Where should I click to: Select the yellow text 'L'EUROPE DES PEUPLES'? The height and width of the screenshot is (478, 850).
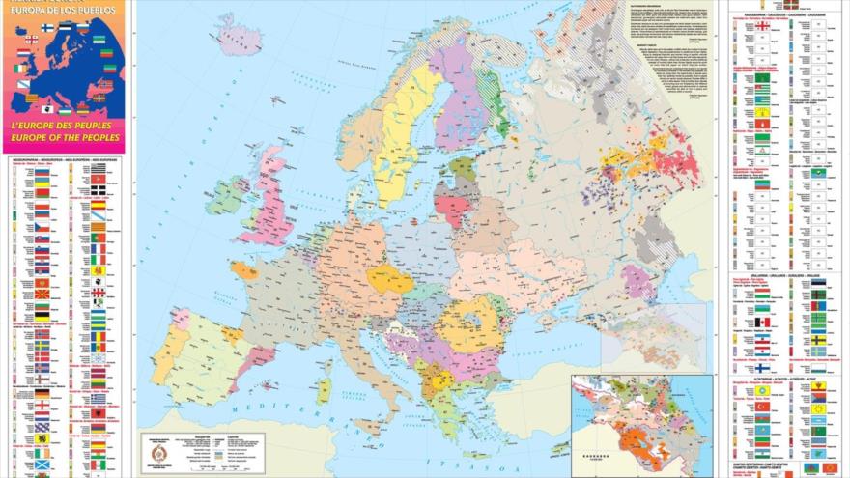(65, 126)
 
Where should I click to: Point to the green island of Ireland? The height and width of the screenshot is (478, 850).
(226, 196)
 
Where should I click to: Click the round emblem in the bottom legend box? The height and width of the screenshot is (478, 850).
(156, 451)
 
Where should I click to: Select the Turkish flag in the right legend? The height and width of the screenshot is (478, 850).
(762, 406)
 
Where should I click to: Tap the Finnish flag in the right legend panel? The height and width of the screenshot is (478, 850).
(762, 367)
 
